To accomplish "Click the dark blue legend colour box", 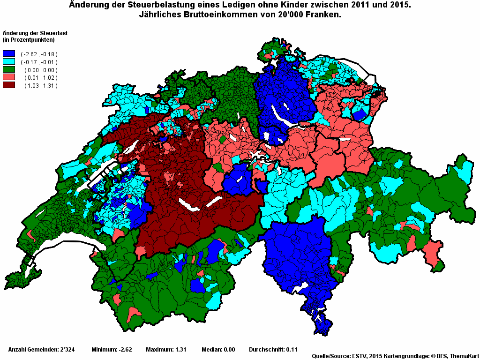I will point(9,54).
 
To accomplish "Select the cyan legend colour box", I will point(9,62).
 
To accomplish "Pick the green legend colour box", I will point(9,70).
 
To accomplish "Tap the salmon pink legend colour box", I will point(9,77).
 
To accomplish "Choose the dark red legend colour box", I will point(9,85).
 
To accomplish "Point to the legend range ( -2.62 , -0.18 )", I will point(39,54).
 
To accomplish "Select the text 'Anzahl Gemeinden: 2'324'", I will point(40,350).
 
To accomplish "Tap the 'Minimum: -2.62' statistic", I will point(112,350).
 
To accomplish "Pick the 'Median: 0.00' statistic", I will point(218,350).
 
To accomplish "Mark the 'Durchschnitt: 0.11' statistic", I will point(273,350).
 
